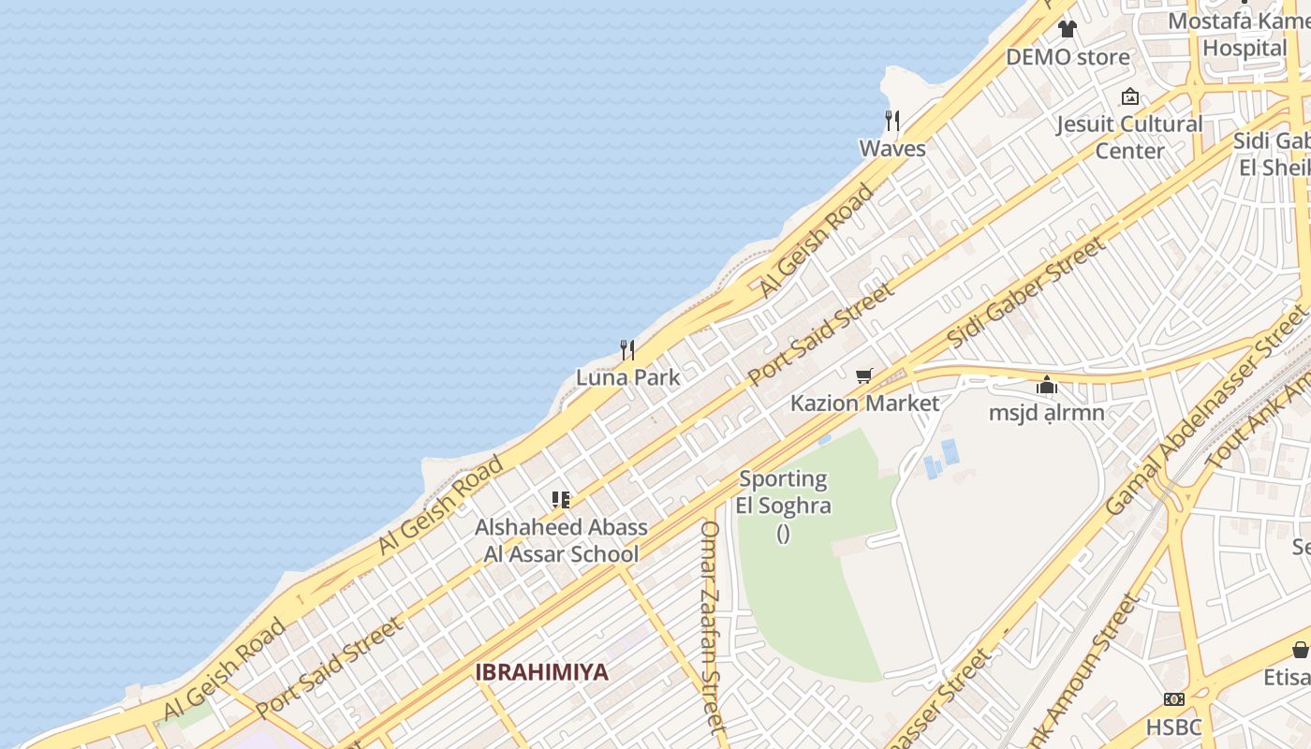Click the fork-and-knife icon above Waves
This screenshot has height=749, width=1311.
point(892,121)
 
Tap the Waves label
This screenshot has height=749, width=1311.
point(892,149)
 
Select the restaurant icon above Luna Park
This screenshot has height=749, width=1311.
point(627,350)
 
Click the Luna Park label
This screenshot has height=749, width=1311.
point(627,377)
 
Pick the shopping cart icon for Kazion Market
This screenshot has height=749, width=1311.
point(863,376)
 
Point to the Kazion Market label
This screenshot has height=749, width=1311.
point(864,404)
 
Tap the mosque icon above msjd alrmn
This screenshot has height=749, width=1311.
point(1046,385)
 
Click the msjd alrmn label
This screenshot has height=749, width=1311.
point(1046,412)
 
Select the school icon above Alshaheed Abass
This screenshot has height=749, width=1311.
point(561,500)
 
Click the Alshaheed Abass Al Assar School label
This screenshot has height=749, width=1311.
point(561,540)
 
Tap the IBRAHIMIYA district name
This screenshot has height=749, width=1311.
point(541,672)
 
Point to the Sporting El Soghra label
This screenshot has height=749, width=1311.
point(783,492)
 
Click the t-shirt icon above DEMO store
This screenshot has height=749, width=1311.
point(1068,29)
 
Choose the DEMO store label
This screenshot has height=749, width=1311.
point(1068,57)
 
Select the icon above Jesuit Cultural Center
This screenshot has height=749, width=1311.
point(1130,96)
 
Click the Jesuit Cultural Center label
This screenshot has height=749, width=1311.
point(1129,137)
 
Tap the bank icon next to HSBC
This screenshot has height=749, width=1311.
point(1173,699)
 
